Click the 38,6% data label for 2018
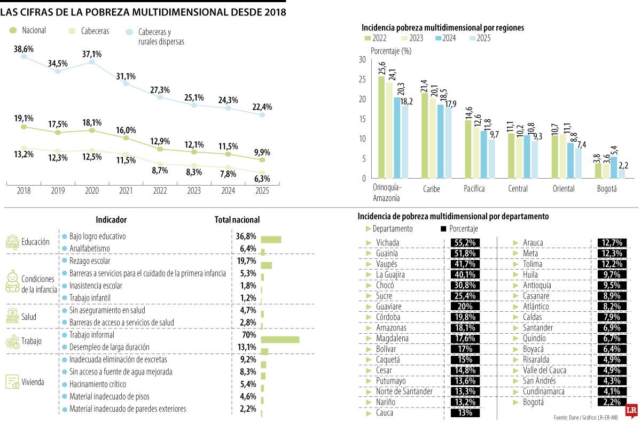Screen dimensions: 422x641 tap(24, 49)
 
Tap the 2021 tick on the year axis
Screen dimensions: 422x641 tap(126, 190)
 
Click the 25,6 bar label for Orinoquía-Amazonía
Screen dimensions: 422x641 tap(381, 68)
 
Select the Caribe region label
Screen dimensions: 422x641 tap(431, 189)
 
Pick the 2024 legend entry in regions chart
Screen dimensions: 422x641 tap(448, 39)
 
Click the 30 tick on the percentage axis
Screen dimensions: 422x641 tap(362, 59)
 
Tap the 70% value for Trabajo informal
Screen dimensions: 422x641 tap(247, 335)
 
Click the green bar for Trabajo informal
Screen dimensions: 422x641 tap(280, 340)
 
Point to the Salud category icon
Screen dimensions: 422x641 tap(12, 316)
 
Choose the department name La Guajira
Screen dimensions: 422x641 tap(390, 274)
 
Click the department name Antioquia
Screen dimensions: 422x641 tap(537, 285)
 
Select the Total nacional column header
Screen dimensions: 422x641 tap(237, 220)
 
